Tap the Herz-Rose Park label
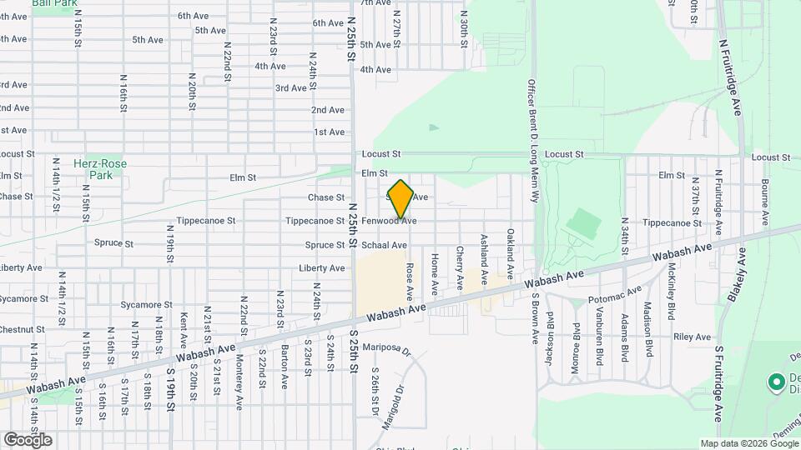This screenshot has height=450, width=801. click(x=112, y=170)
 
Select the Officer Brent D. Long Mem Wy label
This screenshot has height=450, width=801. click(x=531, y=141)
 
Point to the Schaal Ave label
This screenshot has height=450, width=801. click(x=384, y=245)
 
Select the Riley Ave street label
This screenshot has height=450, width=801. click(x=692, y=337)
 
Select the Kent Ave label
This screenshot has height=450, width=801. click(x=184, y=330)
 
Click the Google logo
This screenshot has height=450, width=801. click(x=28, y=439)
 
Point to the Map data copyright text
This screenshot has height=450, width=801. click(x=749, y=443)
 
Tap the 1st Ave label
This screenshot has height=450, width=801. click(x=330, y=132)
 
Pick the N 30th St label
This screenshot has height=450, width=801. click(x=464, y=32)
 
